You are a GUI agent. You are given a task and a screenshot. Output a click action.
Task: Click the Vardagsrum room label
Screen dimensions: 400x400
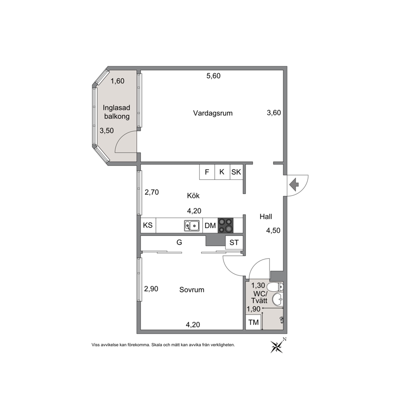[x=213, y=113]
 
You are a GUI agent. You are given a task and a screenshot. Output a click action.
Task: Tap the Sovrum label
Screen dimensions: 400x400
[x=192, y=290]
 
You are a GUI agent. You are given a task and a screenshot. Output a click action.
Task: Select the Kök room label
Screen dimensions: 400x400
[x=193, y=196]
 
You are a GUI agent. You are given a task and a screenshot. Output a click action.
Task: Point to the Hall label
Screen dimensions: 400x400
[x=266, y=217]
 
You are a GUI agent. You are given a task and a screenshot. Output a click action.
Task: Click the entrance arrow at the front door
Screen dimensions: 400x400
[x=294, y=184]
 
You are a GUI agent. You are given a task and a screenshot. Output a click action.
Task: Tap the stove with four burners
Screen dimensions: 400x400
[x=225, y=225]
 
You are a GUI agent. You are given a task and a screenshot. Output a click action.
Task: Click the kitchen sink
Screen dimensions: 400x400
[x=192, y=225]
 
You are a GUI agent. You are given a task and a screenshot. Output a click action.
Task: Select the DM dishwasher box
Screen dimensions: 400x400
[x=210, y=225]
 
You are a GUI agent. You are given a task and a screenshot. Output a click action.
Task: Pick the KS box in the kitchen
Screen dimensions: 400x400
[x=148, y=225]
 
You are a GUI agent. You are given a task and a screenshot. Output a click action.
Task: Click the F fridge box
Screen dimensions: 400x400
[x=207, y=172]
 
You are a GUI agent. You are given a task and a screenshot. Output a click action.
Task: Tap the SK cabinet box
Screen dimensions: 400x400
[x=236, y=172]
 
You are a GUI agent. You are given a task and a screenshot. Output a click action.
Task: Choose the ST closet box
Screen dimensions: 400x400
[x=234, y=242]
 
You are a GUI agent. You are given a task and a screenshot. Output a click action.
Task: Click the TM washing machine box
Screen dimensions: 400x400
[x=254, y=323]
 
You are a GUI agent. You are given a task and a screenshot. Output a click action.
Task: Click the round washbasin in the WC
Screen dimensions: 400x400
[x=278, y=299]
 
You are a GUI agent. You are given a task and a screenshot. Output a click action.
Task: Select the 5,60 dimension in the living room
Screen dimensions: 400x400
[x=214, y=76]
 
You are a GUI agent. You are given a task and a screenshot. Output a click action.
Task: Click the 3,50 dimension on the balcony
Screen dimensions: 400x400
[x=106, y=131]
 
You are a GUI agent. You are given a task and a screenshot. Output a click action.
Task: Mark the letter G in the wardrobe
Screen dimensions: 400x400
[x=179, y=242]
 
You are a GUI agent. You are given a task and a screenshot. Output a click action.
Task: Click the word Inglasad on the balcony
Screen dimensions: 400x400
[x=116, y=108]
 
